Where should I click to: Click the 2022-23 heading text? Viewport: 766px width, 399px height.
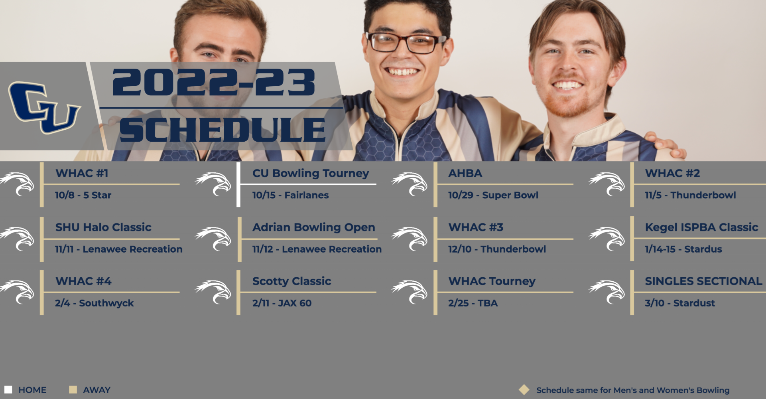tap(214, 83)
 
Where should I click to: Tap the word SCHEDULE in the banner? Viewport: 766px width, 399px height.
tap(223, 130)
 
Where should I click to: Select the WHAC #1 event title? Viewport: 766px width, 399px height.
tap(82, 173)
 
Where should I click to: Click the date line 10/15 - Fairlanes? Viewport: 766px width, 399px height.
tap(290, 195)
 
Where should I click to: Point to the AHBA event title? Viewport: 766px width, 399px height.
tap(465, 173)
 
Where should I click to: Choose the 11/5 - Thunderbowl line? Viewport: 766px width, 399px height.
tap(690, 195)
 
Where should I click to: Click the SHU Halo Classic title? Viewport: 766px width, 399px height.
tap(103, 227)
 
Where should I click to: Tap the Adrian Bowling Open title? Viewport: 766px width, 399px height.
tap(313, 227)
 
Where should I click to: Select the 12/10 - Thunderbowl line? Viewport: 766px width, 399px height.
tap(497, 249)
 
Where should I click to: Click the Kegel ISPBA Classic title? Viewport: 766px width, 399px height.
tap(701, 227)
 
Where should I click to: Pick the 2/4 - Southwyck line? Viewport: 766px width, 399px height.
tap(94, 303)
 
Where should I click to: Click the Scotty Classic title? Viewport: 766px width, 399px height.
tap(291, 281)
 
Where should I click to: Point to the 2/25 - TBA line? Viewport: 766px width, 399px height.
tap(473, 303)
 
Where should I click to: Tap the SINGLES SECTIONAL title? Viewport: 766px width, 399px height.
tap(703, 281)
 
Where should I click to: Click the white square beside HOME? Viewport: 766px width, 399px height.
tap(8, 389)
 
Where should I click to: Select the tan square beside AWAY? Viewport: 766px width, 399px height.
tap(73, 389)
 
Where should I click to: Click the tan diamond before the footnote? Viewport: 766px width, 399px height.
tap(524, 389)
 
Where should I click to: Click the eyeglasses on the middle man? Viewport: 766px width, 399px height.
tap(406, 43)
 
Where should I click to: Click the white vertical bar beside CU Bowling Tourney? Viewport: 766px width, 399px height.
tap(238, 185)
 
